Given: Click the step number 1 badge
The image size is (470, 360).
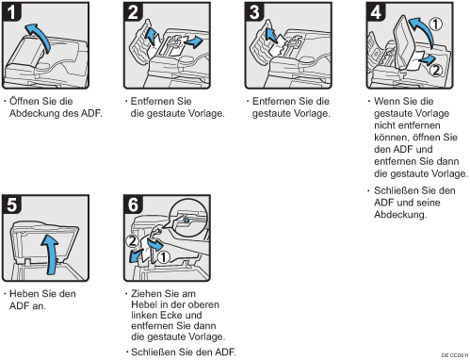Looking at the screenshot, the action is pyautogui.click(x=11, y=12).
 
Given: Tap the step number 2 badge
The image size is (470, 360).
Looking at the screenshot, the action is pyautogui.click(x=133, y=12).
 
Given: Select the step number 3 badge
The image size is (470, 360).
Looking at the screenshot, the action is pyautogui.click(x=254, y=12).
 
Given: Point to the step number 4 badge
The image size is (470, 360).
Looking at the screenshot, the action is pyautogui.click(x=376, y=12).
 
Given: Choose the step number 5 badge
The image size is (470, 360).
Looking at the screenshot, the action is pyautogui.click(x=11, y=205).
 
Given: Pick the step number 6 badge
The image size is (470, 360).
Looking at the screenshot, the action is pyautogui.click(x=133, y=205).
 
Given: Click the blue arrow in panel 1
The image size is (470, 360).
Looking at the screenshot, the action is pyautogui.click(x=41, y=34).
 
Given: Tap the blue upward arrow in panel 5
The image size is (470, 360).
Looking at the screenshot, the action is pyautogui.click(x=52, y=252).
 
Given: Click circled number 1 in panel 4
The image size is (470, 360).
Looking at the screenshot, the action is pyautogui.click(x=435, y=25).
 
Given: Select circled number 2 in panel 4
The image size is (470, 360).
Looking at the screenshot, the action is pyautogui.click(x=436, y=70).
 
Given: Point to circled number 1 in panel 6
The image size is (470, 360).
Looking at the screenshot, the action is pyautogui.click(x=163, y=257).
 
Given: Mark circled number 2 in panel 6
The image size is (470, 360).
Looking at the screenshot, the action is pyautogui.click(x=132, y=241).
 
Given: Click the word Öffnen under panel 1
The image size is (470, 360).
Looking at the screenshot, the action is pyautogui.click(x=26, y=101).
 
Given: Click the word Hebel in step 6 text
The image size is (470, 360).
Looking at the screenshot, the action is pyautogui.click(x=143, y=304).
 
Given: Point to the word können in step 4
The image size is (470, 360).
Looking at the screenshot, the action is pyautogui.click(x=391, y=138).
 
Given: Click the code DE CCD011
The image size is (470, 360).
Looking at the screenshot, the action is pyautogui.click(x=455, y=355).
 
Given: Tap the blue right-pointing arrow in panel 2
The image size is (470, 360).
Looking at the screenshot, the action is pyautogui.click(x=193, y=41).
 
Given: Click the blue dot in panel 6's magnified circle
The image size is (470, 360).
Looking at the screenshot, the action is pyautogui.click(x=186, y=221).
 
